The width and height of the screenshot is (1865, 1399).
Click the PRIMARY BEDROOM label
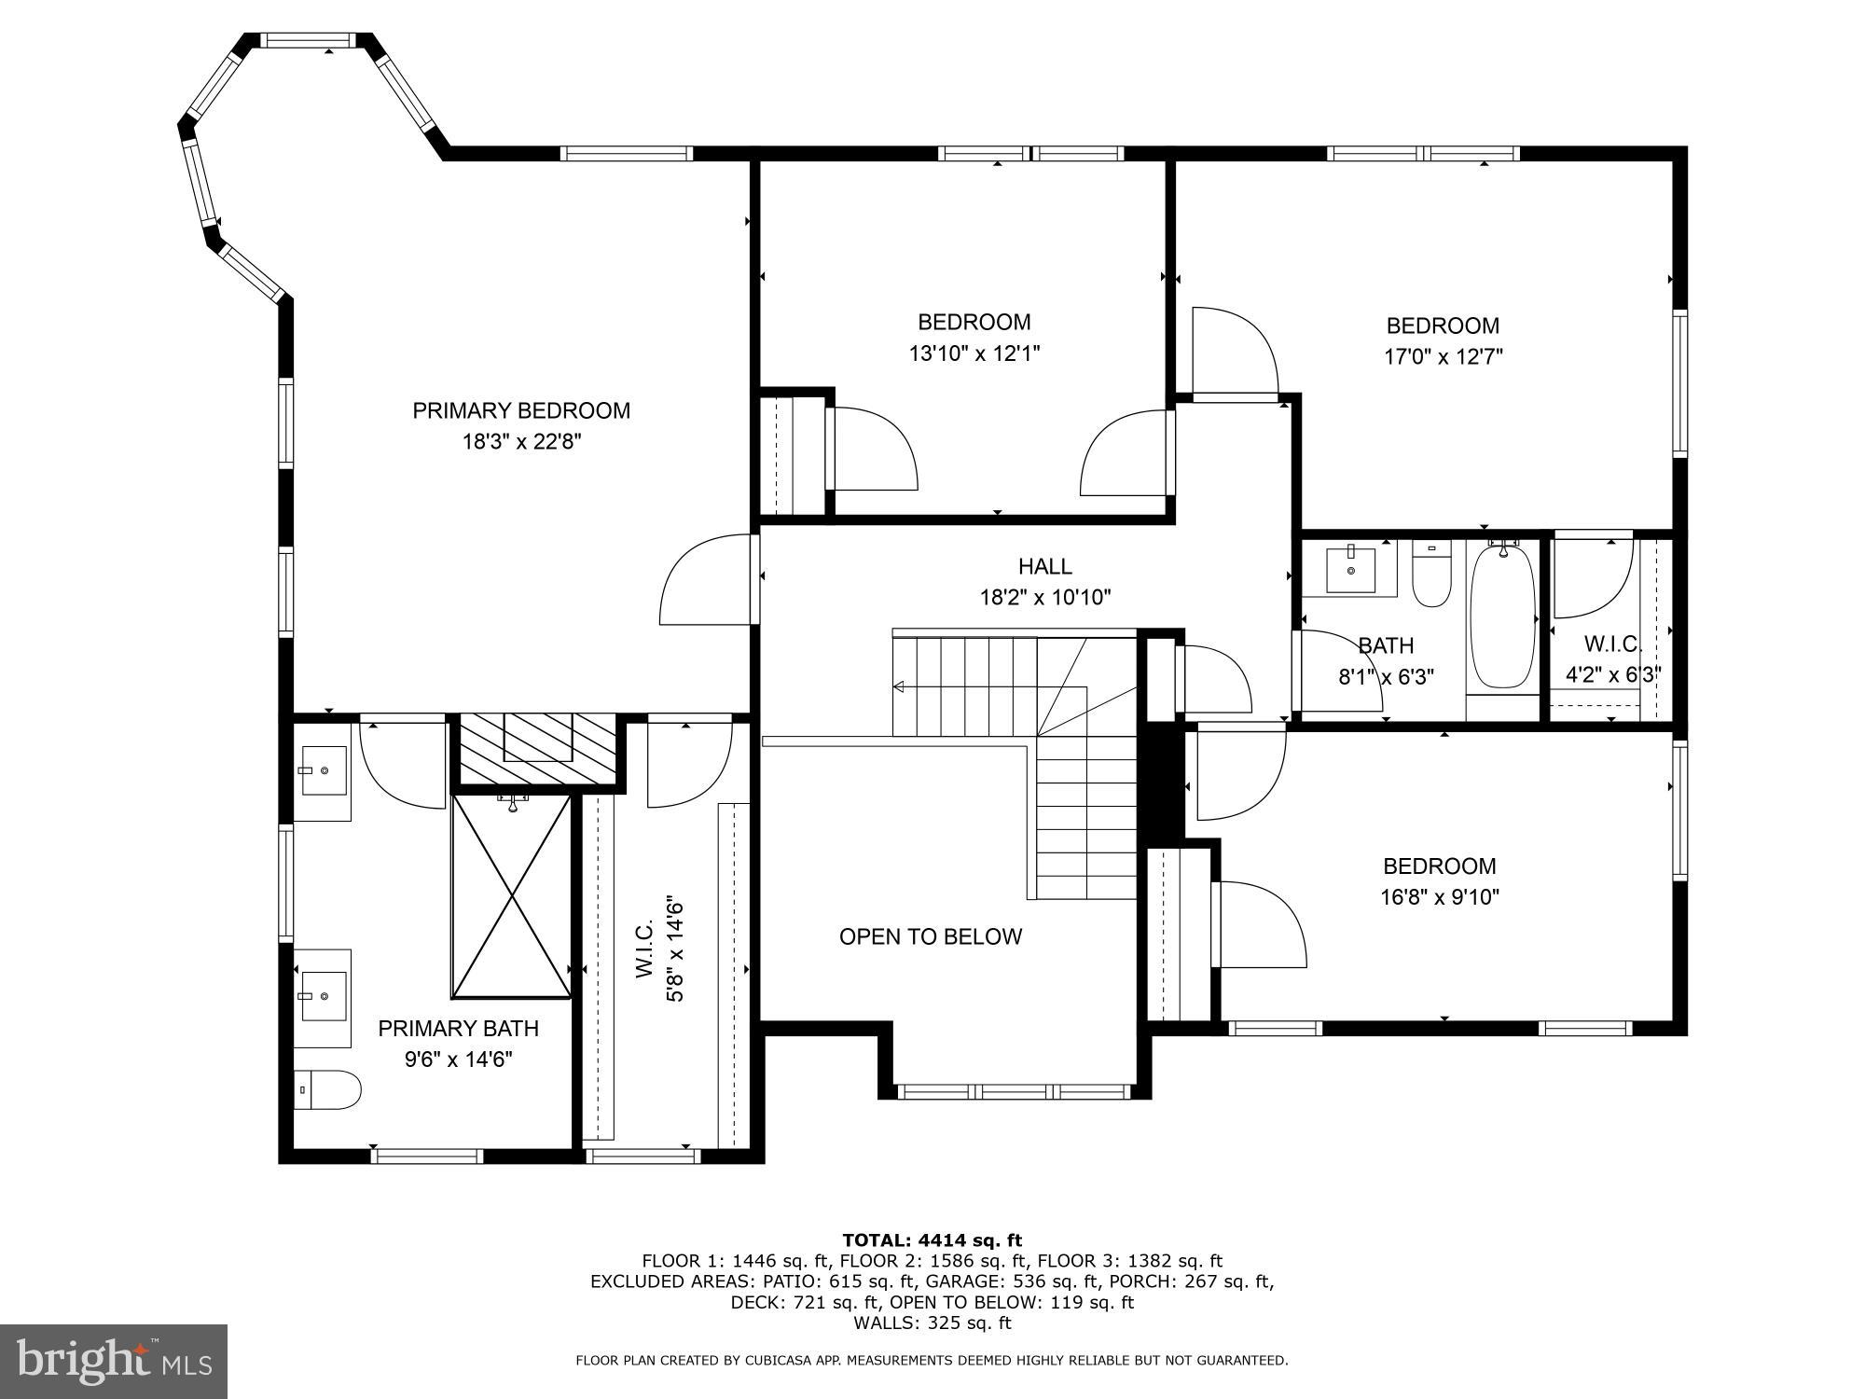pyautogui.click(x=521, y=410)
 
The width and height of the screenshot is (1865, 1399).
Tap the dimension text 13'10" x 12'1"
pyautogui.click(x=974, y=353)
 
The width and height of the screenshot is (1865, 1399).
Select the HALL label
pyautogui.click(x=1044, y=566)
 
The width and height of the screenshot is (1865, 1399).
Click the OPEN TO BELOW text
pyautogui.click(x=931, y=936)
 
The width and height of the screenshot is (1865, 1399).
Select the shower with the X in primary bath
pyautogui.click(x=512, y=895)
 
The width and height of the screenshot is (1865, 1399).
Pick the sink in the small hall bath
pyautogui.click(x=1350, y=568)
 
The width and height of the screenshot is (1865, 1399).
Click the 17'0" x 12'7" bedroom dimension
pyautogui.click(x=1443, y=356)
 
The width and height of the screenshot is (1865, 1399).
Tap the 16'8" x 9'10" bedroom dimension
pyautogui.click(x=1440, y=897)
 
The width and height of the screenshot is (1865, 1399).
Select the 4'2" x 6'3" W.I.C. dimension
pyautogui.click(x=1612, y=674)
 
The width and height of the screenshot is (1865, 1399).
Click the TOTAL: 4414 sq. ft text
pyautogui.click(x=932, y=1240)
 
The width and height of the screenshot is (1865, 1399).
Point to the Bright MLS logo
pyautogui.click(x=114, y=1361)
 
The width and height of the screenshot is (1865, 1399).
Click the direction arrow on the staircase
pyautogui.click(x=899, y=687)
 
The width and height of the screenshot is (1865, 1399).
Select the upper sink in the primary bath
pyautogui.click(x=323, y=770)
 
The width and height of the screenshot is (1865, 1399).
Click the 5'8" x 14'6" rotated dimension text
pyautogui.click(x=675, y=949)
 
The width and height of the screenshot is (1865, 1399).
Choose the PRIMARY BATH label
pyautogui.click(x=458, y=1028)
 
